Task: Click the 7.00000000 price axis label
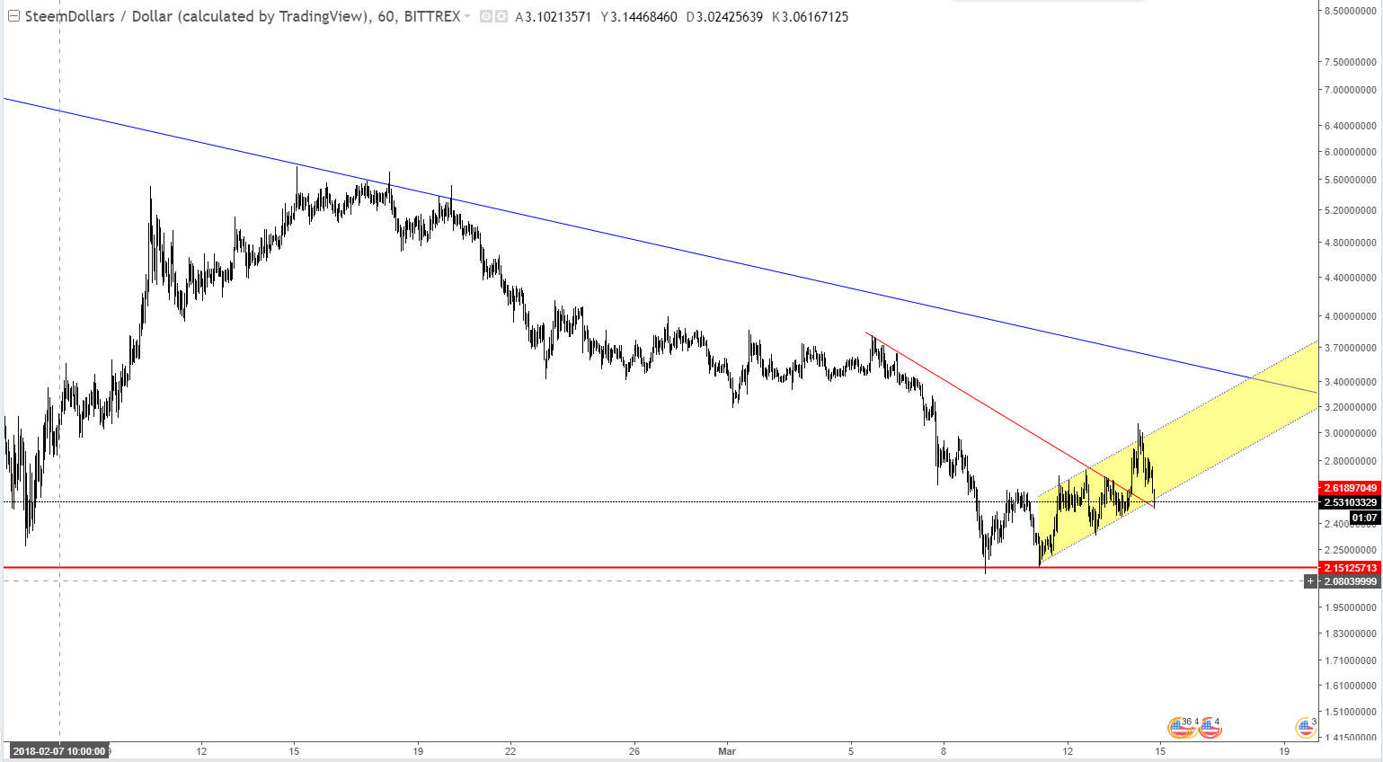coord(1350,90)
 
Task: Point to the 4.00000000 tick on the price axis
coord(1350,316)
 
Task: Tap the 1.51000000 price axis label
coord(1350,712)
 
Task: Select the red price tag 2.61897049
coord(1350,488)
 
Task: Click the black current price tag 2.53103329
coord(1350,502)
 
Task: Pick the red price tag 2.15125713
coord(1350,568)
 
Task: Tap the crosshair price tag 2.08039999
coord(1350,581)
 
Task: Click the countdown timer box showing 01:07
coord(1364,518)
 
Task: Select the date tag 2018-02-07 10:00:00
coord(59,751)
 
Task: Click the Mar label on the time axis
coord(727,750)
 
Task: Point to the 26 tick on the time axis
coord(634,750)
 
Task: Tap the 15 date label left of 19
coord(294,750)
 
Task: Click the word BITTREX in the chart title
coord(432,16)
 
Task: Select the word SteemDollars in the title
coord(70,16)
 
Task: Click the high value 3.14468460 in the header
coord(643,16)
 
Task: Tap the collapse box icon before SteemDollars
coord(13,16)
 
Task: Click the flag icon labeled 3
coord(1306,727)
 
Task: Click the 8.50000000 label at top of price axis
coord(1350,11)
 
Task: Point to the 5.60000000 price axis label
coord(1350,180)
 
